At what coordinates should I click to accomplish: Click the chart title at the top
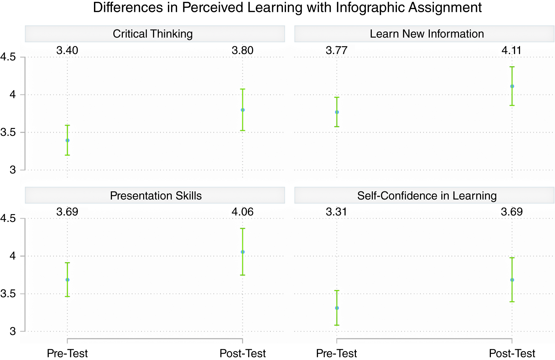coord(287,7)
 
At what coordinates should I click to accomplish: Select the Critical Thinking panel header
coord(153,34)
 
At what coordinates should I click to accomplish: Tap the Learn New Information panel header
coord(426,34)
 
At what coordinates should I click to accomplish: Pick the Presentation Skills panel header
coord(156,196)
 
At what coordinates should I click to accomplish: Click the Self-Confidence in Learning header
coord(426,196)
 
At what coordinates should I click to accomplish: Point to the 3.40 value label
coord(67,51)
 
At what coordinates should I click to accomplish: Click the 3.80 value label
coord(242,51)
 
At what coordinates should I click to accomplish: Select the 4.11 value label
coord(511,51)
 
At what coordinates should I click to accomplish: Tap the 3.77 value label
coord(336,51)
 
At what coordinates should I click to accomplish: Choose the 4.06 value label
coord(242,212)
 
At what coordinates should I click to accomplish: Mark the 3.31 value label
coord(336,212)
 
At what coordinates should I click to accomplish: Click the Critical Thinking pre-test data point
coord(68,140)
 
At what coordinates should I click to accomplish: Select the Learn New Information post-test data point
coord(512,86)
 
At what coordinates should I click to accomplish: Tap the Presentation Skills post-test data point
coord(243,252)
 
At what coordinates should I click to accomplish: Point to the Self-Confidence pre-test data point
coord(337,308)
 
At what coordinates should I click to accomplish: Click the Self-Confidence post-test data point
coord(512,280)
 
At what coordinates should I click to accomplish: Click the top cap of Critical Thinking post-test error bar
coord(243,89)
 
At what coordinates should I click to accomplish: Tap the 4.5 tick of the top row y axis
coord(8,57)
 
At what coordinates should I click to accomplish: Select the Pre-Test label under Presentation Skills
coord(67,353)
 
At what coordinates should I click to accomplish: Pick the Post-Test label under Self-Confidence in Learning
coord(512,353)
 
